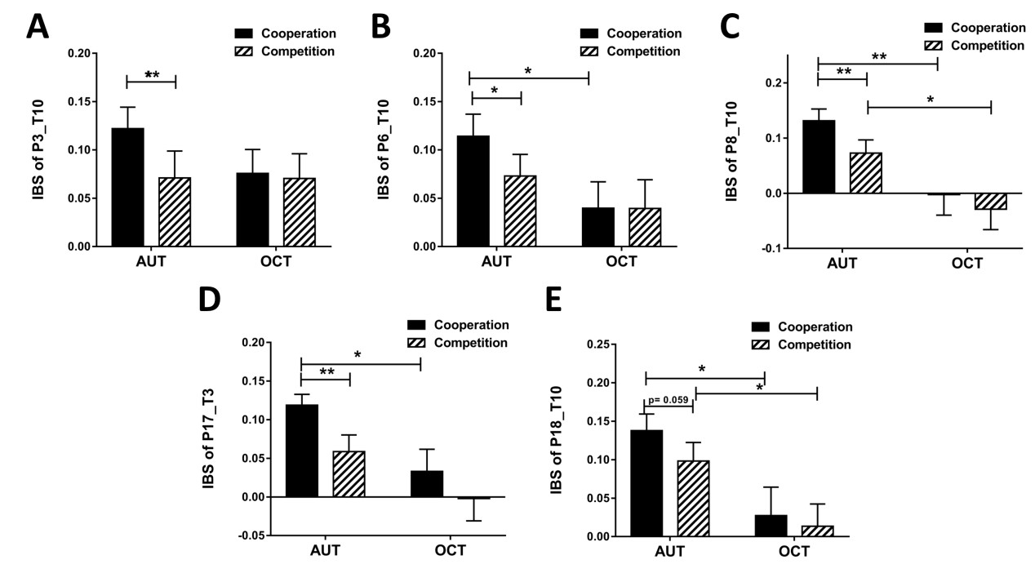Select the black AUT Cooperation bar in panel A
coord(127,187)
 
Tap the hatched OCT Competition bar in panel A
coord(300,211)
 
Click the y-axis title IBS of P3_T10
coord(38,149)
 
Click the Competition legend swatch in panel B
coord(592,51)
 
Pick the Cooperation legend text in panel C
coord(987,27)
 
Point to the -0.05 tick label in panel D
coord(252,535)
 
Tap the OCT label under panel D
coord(449,550)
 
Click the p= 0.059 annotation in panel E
coord(668,402)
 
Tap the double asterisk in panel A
coord(151,76)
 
